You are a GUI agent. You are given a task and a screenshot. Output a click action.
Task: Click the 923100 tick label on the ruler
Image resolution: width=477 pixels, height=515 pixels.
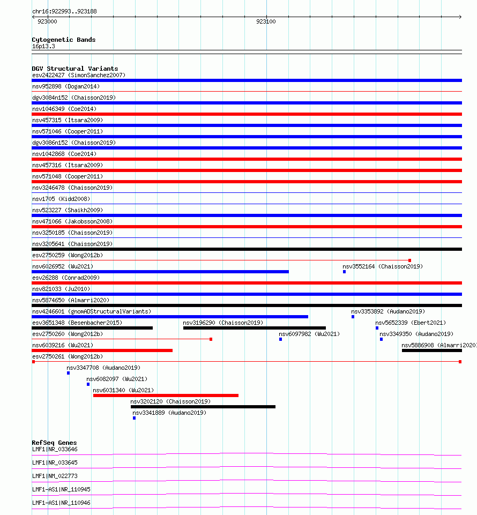[x=266, y=21]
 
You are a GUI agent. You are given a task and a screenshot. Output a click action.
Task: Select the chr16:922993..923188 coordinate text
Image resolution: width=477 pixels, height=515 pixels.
[x=64, y=11]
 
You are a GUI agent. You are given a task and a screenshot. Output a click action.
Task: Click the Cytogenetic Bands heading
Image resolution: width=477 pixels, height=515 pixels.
[x=64, y=40]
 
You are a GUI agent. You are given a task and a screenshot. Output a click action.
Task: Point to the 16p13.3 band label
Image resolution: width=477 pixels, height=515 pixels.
[x=43, y=46]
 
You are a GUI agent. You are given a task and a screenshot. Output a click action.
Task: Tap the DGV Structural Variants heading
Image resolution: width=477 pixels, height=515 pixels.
[x=75, y=69]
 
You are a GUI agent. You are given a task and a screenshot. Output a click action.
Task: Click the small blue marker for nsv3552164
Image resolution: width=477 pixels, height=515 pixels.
[x=344, y=272]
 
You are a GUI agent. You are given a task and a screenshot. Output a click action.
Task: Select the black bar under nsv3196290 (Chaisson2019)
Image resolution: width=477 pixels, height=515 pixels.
[x=254, y=328]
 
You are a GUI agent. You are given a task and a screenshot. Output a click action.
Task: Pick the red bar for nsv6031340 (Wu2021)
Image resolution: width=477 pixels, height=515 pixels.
[x=166, y=395]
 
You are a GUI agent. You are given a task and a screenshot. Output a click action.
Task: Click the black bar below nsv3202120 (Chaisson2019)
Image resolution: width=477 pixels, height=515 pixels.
[x=203, y=407]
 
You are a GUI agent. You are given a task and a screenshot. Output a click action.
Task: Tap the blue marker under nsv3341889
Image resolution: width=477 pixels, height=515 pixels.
[x=134, y=418]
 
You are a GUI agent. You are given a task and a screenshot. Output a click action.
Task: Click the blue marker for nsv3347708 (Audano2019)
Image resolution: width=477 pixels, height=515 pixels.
[x=68, y=373]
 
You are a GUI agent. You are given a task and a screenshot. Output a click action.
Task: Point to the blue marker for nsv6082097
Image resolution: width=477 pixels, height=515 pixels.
[x=88, y=384]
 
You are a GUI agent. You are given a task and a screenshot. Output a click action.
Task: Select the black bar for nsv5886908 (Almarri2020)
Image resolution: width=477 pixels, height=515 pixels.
[x=431, y=350]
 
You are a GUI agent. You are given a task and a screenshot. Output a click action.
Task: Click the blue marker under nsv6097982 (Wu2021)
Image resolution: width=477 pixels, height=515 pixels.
[x=280, y=339]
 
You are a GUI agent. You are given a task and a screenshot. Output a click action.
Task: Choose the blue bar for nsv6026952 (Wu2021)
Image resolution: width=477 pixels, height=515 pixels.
[x=160, y=272]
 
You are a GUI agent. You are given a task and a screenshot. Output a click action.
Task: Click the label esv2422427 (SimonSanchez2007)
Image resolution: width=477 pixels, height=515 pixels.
[x=79, y=75]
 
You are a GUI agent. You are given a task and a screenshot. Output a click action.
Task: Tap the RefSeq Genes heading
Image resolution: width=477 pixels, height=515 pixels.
[x=54, y=443]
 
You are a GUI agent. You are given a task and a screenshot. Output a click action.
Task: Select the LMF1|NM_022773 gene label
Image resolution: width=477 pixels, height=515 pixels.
[x=55, y=476]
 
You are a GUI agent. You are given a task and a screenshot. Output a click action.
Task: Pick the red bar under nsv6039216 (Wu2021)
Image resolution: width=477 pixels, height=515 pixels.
[x=102, y=350]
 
